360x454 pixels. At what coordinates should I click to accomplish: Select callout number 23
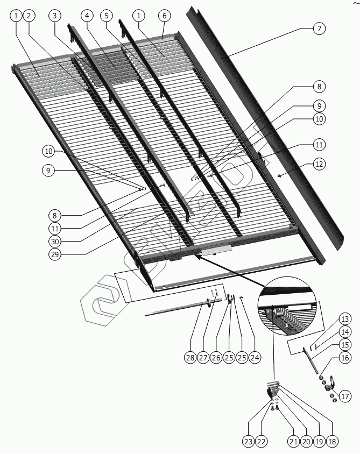pos(247,442)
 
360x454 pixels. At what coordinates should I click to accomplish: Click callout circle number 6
pos(165,16)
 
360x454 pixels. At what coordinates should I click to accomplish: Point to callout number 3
pos(54,16)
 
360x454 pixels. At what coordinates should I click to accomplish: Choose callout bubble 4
pos(88,16)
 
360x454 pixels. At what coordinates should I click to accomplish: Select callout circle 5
pos(107,16)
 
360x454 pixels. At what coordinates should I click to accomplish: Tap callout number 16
pos(345,358)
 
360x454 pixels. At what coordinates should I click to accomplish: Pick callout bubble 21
pos(293,442)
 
